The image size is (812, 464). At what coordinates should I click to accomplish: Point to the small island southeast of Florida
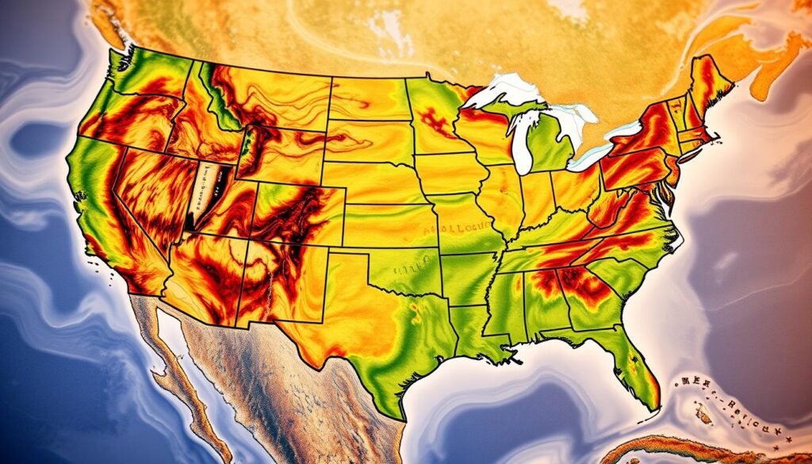tap(702, 413)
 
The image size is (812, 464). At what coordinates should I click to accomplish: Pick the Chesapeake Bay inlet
tap(671, 194)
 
